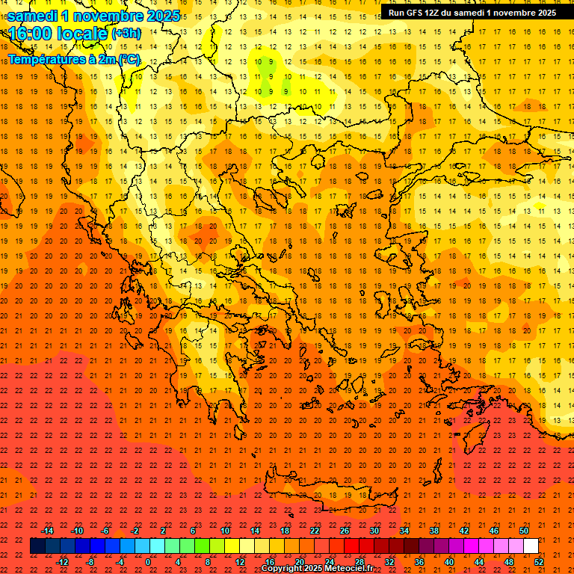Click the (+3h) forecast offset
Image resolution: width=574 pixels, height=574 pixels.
[125, 34]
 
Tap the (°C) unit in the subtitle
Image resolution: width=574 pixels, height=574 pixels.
[128, 59]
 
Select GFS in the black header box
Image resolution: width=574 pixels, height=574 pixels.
[416, 13]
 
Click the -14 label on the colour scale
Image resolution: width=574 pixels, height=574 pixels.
[47, 531]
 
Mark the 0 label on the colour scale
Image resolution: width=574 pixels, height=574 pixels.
[148, 561]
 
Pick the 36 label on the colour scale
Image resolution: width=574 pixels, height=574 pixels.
[419, 561]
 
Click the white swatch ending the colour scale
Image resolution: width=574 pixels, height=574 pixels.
[531, 546]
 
